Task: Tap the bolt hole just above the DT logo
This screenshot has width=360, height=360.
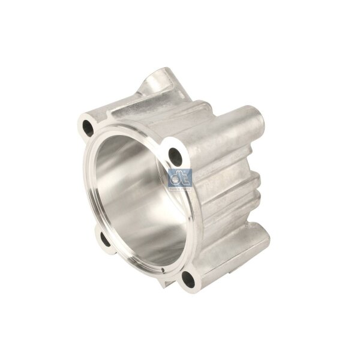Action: [x=176, y=155]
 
